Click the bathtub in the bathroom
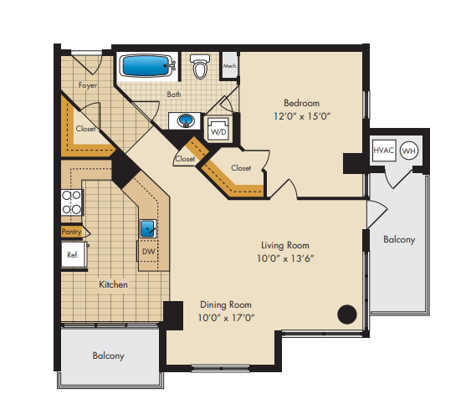click(x=146, y=65)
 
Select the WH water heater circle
click(x=408, y=151)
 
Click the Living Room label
click(x=284, y=245)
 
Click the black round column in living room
click(x=346, y=314)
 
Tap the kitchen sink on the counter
click(x=148, y=227)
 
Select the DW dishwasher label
click(x=147, y=252)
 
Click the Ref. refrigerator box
click(x=73, y=255)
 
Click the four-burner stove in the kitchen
click(x=72, y=202)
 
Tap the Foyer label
click(x=88, y=85)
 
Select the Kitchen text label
click(x=114, y=284)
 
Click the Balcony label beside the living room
click(x=398, y=239)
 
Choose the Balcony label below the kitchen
click(x=108, y=355)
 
